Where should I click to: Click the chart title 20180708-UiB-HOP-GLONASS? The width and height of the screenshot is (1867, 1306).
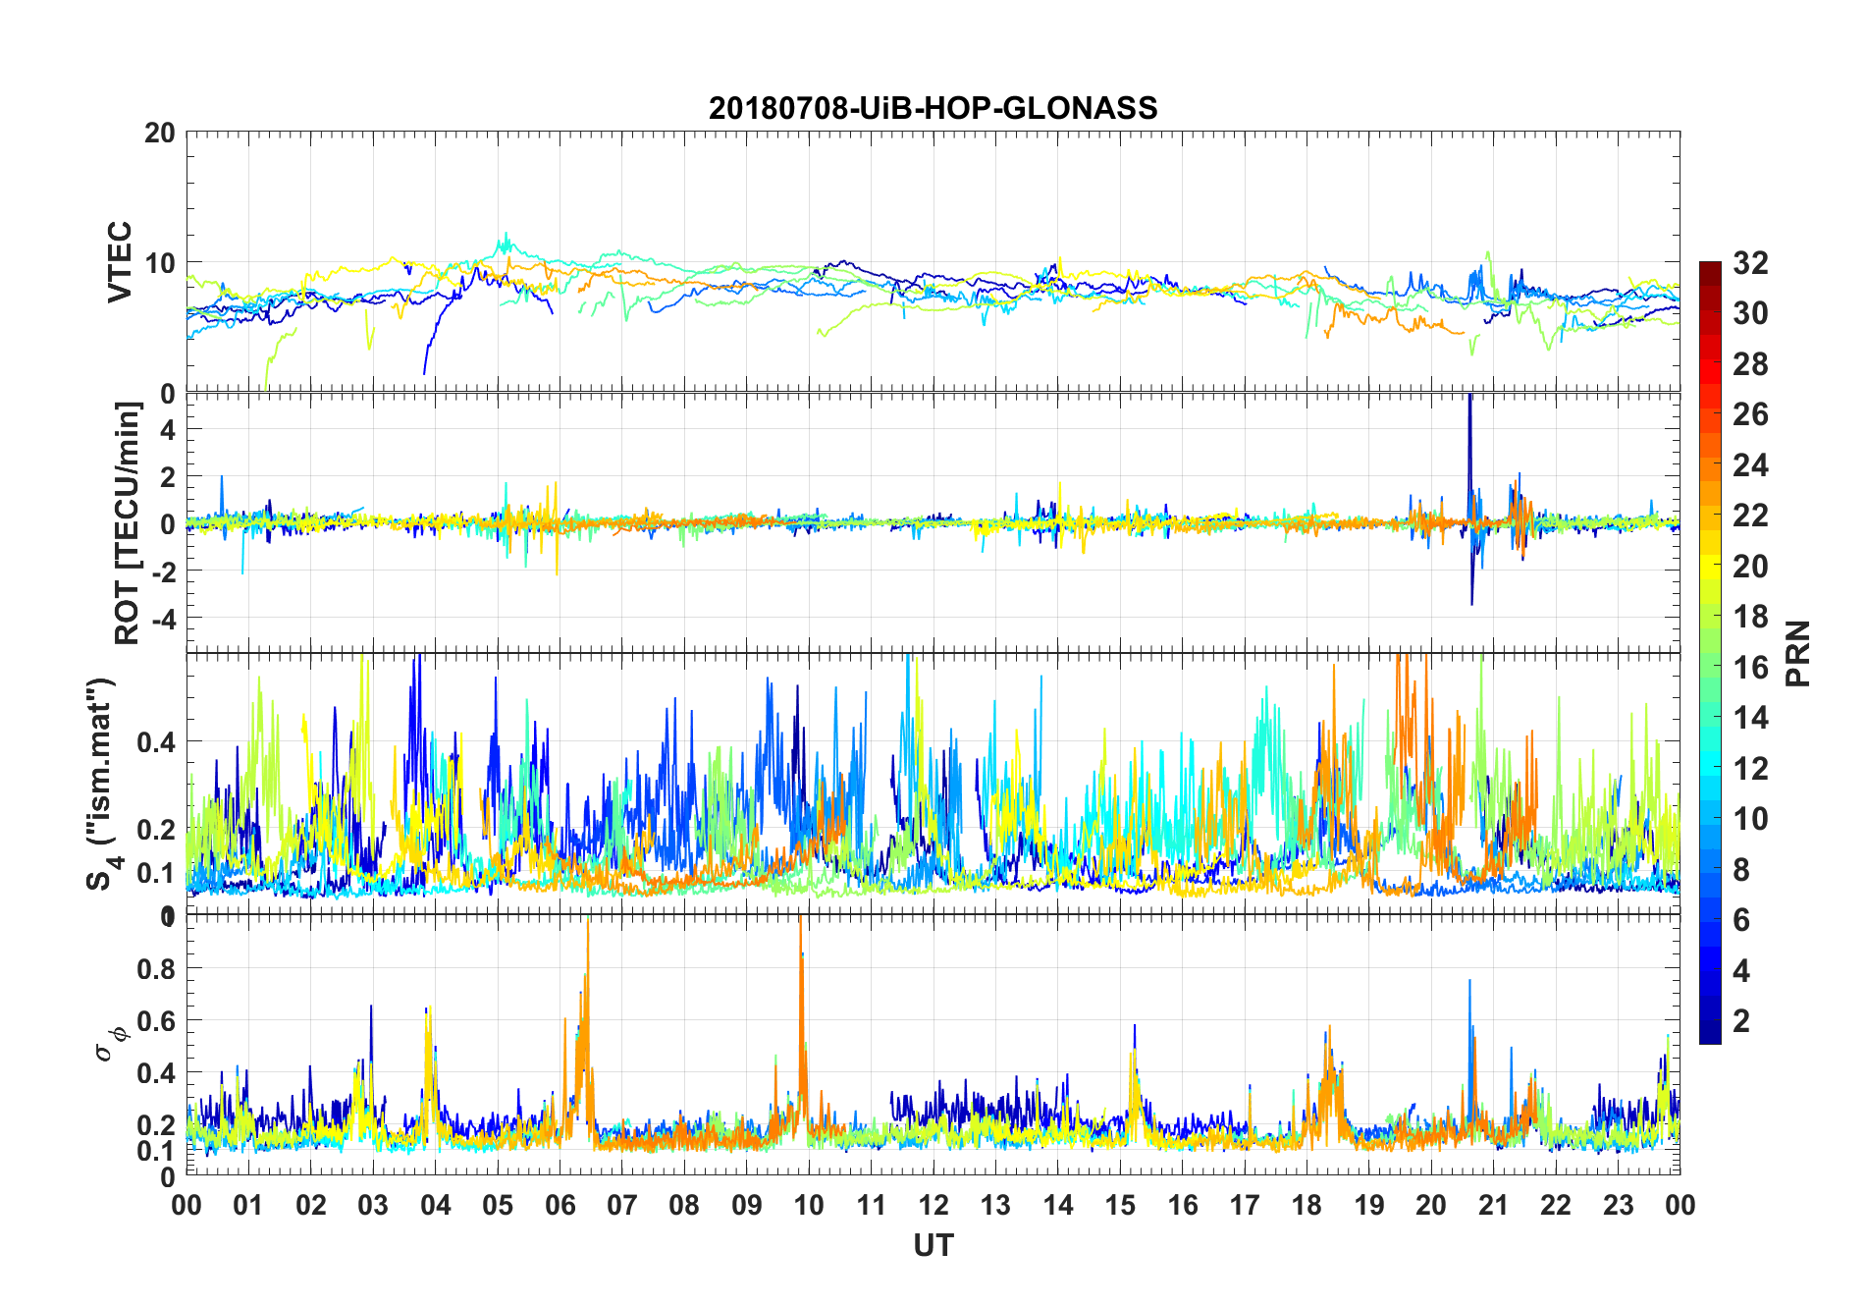point(933,108)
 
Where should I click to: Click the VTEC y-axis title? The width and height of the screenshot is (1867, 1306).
point(120,261)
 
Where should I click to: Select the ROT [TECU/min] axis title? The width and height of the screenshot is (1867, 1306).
point(127,522)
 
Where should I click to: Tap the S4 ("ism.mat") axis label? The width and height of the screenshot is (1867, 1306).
point(102,784)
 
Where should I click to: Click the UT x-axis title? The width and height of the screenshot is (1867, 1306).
point(933,1245)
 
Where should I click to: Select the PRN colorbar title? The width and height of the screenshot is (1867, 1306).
point(1797,653)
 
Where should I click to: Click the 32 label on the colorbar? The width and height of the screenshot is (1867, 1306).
point(1750,263)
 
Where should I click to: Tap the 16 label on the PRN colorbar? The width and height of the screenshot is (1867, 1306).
point(1750,668)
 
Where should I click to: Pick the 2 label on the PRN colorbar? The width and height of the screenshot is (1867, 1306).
point(1741,1021)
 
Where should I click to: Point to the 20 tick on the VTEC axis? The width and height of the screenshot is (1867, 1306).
point(160,133)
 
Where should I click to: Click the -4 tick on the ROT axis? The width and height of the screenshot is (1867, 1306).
point(162,618)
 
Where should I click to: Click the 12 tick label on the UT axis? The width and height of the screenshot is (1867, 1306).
point(933,1205)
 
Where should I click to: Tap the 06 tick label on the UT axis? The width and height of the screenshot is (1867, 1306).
point(560,1205)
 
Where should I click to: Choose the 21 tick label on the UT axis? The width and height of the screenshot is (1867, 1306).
point(1493,1205)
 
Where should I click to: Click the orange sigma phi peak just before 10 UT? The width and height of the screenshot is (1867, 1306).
point(800,928)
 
